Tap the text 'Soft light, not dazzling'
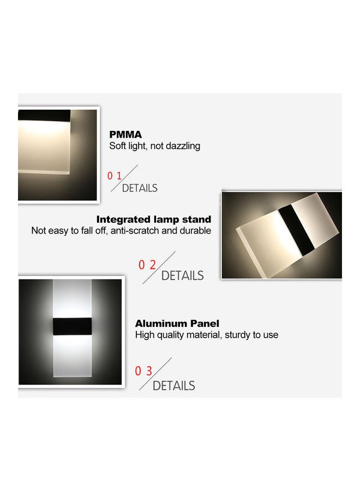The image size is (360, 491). [x=155, y=146]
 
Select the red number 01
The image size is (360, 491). [x=115, y=176]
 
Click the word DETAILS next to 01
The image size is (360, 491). [x=140, y=188]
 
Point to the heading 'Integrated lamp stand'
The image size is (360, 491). [x=154, y=219]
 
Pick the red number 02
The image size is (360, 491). [x=147, y=265]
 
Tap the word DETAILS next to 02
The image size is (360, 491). [x=182, y=276]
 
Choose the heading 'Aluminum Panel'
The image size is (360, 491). [x=177, y=324]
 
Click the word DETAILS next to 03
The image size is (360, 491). [x=173, y=386]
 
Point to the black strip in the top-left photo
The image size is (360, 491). [x=44, y=116]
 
